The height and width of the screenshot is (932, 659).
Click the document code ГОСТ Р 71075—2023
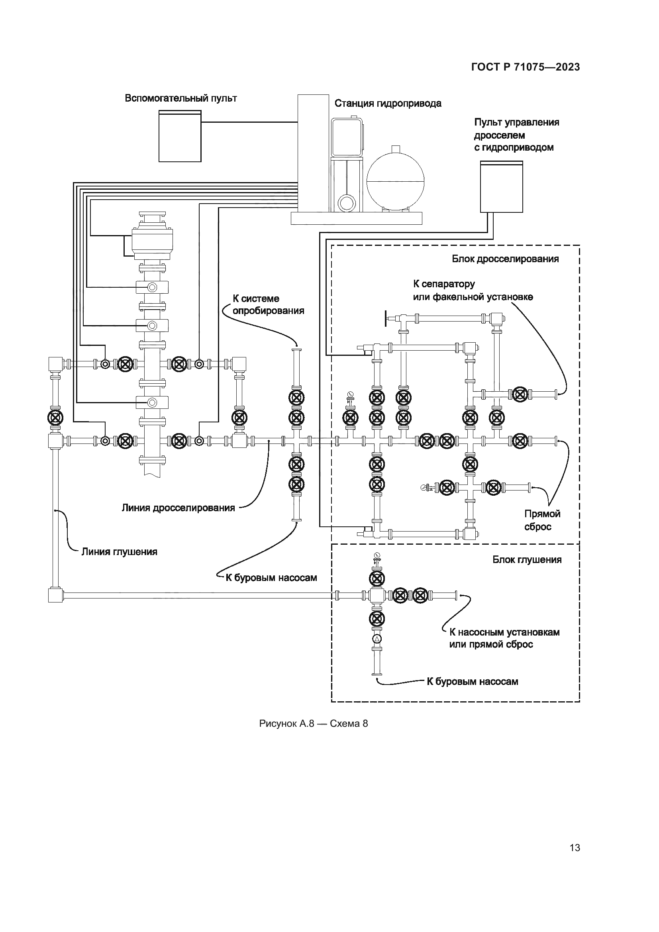tap(526, 67)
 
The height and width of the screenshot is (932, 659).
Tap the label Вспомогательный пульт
tap(180, 98)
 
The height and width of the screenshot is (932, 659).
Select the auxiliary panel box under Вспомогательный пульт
tap(180, 136)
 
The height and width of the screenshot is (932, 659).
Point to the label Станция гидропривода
tap(388, 104)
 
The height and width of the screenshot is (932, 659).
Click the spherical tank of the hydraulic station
tap(395, 179)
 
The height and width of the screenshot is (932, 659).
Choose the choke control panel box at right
tap(502, 186)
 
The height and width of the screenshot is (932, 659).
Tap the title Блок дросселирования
tap(505, 259)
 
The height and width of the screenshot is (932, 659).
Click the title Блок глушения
tap(527, 560)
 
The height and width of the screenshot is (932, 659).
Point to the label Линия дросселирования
tap(178, 508)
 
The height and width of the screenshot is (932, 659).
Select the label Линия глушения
tap(119, 551)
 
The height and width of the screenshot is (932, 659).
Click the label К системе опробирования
tap(268, 305)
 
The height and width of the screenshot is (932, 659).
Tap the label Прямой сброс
tap(543, 520)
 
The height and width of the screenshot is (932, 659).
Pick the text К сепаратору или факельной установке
tap(473, 290)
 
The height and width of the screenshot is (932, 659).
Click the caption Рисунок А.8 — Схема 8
tap(313, 723)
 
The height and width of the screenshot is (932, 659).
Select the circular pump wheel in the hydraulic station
tap(346, 202)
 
